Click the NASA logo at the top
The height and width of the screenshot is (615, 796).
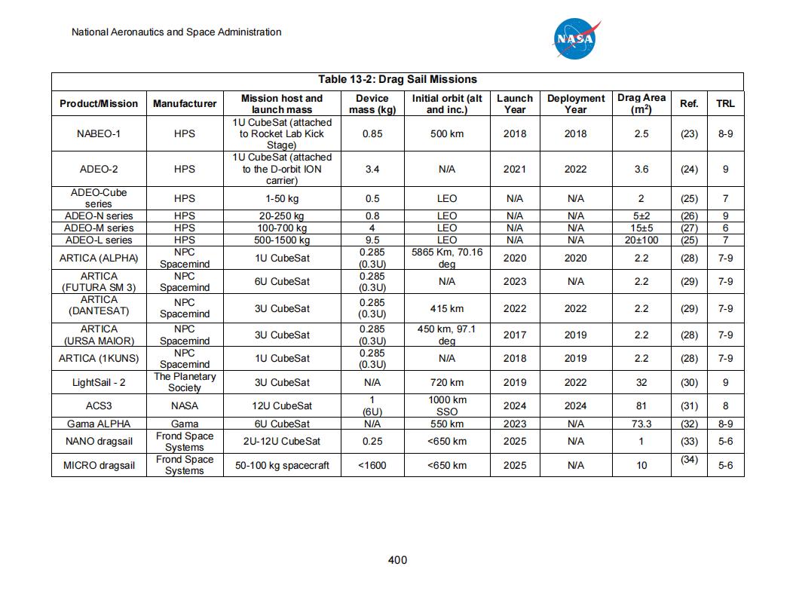pos(577,38)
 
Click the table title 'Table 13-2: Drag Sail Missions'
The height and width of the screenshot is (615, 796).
pos(397,79)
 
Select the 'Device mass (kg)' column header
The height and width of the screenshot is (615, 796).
pos(372,104)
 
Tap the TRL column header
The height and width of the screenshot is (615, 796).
pos(725,104)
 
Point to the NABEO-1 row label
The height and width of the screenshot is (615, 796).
pos(99,133)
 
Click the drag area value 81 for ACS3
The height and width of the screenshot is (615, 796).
pos(641,405)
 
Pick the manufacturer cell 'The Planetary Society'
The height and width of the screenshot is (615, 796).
pos(185,382)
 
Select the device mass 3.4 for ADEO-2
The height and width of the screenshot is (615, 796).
pos(372,170)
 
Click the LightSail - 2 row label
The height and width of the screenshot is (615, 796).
pos(99,382)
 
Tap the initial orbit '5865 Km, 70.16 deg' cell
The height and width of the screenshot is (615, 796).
pos(447,258)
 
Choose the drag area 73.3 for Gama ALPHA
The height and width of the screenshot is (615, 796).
pos(641,424)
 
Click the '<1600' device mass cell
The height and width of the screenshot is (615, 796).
pos(372,465)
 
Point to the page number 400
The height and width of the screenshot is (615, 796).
pos(397,559)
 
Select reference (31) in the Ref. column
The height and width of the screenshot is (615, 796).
pos(689,405)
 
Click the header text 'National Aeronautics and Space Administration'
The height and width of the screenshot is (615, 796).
pos(176,32)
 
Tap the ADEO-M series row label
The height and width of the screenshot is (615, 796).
pos(99,228)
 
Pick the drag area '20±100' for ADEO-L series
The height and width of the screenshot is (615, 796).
pos(641,240)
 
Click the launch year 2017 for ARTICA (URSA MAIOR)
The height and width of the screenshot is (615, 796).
pos(515,335)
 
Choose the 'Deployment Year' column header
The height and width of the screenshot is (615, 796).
pos(576,104)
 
